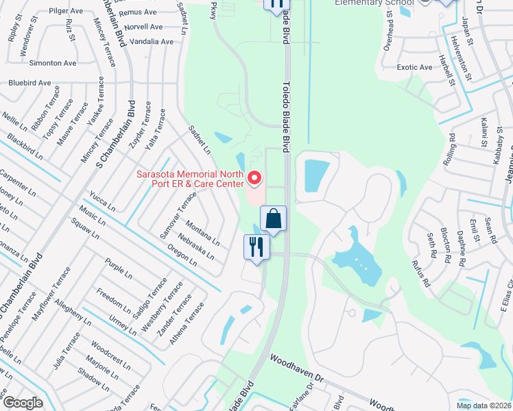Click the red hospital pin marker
(254, 178)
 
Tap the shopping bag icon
(273, 219)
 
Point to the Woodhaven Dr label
(296, 368)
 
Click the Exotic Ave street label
(415, 67)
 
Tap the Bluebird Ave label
(29, 83)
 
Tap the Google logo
(23, 403)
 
